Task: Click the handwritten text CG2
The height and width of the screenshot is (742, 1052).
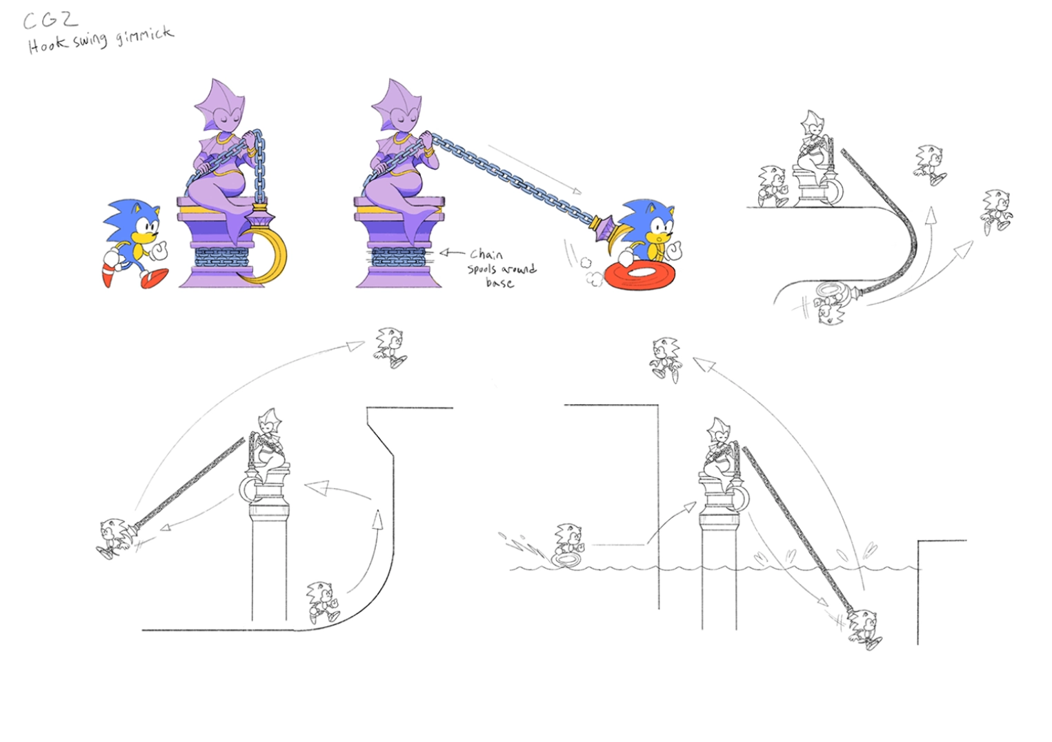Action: [50, 21]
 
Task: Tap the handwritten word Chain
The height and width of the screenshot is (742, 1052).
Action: [486, 254]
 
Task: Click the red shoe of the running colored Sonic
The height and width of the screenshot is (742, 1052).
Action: [155, 277]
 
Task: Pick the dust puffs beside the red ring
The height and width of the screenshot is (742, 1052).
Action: [592, 271]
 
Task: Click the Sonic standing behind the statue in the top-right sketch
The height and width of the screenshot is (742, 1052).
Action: [773, 185]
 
